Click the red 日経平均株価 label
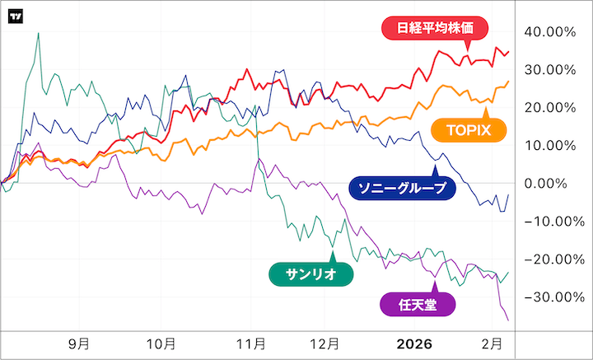point(436,28)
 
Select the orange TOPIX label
point(469,130)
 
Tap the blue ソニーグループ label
point(401,188)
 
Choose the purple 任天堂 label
point(418,304)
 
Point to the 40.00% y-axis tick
point(549,32)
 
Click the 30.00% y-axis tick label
point(549,70)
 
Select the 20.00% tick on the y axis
point(549,108)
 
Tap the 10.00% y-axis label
point(549,146)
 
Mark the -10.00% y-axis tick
point(547,222)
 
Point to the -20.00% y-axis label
point(547,259)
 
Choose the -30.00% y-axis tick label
point(547,297)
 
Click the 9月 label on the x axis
point(79,343)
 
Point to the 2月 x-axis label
point(493,343)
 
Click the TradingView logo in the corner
point(15,16)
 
